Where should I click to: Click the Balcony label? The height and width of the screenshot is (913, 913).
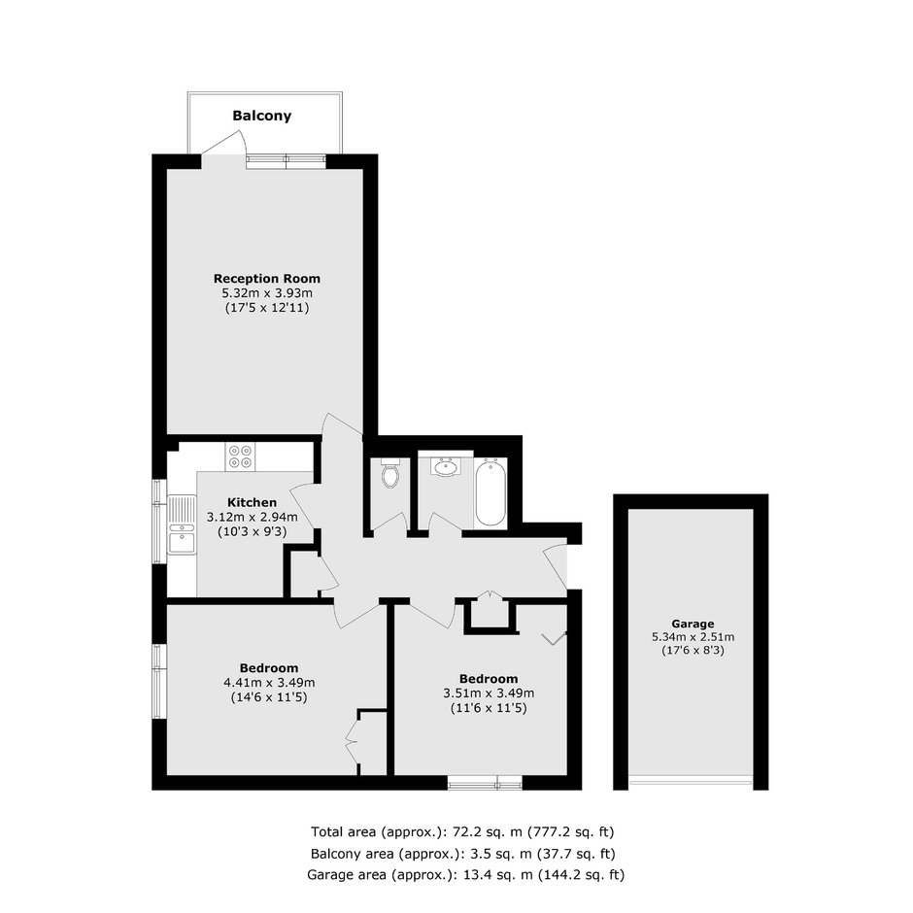[261, 116]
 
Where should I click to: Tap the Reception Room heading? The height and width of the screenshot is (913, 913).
[267, 279]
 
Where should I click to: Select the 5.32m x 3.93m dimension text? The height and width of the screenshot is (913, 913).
[267, 293]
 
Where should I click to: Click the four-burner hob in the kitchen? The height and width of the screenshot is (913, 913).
[241, 456]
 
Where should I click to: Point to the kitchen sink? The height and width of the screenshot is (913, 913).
[183, 524]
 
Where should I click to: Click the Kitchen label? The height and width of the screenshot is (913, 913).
[253, 502]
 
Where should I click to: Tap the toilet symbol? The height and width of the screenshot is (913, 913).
[390, 473]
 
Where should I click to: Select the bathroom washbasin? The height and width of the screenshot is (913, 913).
[446, 467]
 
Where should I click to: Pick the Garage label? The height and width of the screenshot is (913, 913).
[693, 624]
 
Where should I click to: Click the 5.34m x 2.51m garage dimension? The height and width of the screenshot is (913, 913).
[693, 637]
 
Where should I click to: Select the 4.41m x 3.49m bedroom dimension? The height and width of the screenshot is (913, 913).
[269, 683]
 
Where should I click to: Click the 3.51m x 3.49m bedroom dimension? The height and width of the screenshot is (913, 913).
[489, 693]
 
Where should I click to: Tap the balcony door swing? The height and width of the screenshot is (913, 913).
[223, 143]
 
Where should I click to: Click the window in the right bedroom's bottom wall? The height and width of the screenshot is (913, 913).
[485, 783]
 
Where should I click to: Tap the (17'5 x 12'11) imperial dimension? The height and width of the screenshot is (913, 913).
[267, 308]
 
